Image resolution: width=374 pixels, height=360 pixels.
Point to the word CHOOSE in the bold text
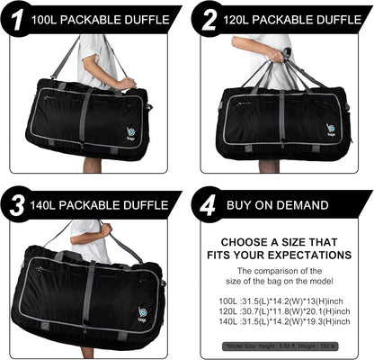tap(243, 241)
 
